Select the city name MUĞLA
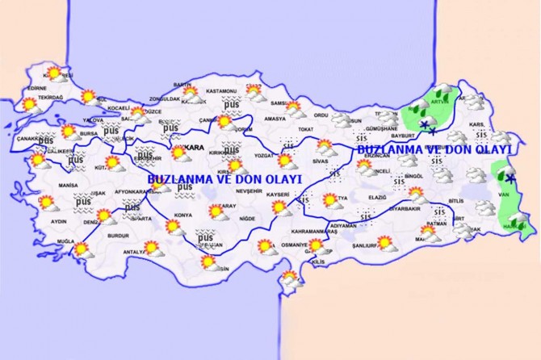coord(65,242)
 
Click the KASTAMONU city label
coord(220,91)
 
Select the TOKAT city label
coord(305,129)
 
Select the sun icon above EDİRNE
coord(53,73)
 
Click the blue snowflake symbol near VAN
coord(510,178)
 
